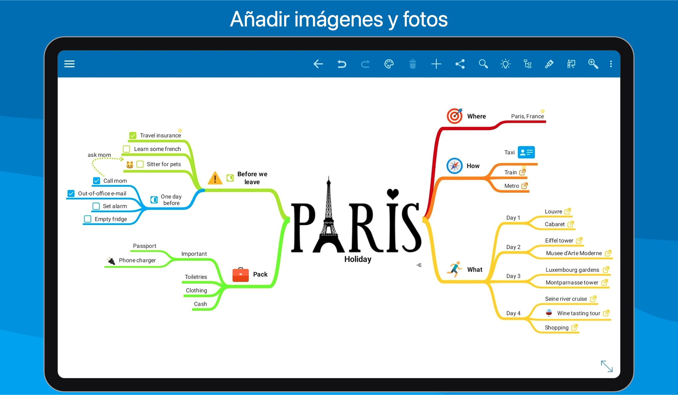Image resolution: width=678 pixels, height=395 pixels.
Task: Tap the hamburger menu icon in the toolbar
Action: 69,64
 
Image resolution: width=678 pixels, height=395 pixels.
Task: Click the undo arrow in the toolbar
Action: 342,64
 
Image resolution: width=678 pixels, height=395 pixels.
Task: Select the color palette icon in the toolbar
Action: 389,64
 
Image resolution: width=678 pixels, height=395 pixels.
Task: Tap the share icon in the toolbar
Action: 460,64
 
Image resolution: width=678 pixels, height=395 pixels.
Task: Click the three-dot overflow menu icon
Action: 611,64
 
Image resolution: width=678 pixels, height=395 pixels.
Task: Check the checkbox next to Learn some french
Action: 126,149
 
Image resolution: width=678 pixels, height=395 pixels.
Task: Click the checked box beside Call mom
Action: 97,181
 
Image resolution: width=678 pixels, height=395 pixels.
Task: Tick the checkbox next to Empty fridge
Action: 87,219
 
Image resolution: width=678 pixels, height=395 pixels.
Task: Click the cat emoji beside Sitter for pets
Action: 130,165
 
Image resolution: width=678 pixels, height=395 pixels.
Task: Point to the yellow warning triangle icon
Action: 215,178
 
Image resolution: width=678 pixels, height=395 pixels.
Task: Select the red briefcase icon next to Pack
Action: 241,275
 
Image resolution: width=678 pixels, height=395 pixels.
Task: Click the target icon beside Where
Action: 455,116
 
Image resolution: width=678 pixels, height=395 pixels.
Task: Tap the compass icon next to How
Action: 455,166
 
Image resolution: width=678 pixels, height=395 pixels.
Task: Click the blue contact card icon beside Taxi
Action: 526,152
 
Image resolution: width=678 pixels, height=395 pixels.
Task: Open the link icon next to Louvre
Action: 568,211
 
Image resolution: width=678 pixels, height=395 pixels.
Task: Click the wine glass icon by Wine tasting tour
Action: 549,313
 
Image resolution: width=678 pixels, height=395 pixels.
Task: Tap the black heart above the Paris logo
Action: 393,194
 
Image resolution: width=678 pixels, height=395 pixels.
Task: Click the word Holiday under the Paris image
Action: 358,259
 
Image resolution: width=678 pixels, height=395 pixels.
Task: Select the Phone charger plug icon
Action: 111,261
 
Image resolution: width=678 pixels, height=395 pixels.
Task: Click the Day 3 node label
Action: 513,276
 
